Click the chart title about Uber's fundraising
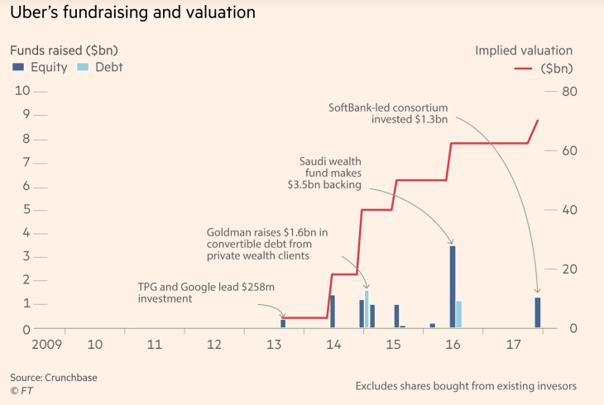point(132,13)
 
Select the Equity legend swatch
point(18,67)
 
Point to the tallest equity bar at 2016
point(452,286)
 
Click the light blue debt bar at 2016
point(459,314)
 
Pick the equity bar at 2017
point(538,312)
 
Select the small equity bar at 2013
point(283,323)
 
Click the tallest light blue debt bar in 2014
point(367,309)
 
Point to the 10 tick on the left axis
point(23,91)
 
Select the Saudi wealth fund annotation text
point(331,173)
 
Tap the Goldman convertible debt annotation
point(266,244)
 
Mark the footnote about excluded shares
point(466,386)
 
